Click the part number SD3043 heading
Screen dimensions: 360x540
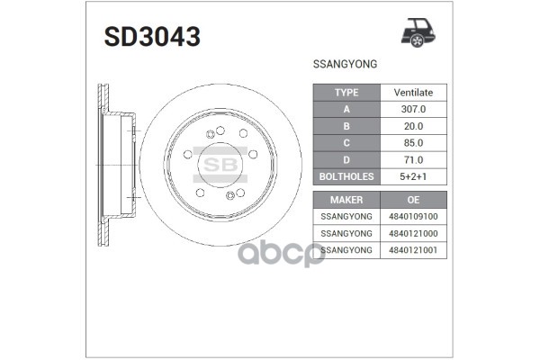[x=152, y=38]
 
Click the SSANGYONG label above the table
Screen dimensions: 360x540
[x=344, y=66]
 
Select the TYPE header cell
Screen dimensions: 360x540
[x=346, y=93]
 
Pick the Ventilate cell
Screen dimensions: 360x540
[x=413, y=93]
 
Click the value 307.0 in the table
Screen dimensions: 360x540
[x=413, y=110]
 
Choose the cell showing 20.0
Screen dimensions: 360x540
[x=413, y=126]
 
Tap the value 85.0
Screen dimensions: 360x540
[x=413, y=143]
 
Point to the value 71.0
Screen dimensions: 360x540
[x=413, y=160]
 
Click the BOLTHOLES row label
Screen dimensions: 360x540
[x=346, y=177]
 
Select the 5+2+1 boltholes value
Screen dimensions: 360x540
[x=413, y=177]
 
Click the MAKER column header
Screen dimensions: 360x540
[x=346, y=199]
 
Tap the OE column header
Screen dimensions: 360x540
[x=413, y=199]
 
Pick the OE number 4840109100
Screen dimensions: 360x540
[x=413, y=216]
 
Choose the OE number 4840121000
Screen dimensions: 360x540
[x=413, y=233]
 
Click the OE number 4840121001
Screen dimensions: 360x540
[x=413, y=250]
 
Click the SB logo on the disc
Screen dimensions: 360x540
[x=220, y=165]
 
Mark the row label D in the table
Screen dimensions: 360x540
[x=346, y=160]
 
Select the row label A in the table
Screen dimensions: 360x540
[x=346, y=110]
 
